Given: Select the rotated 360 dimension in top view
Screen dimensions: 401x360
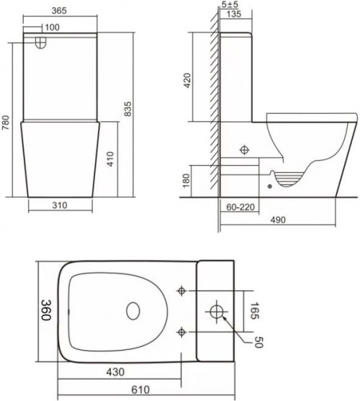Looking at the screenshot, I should (x=45, y=311).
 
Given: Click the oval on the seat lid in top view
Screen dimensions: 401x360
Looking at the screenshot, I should (x=132, y=311).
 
